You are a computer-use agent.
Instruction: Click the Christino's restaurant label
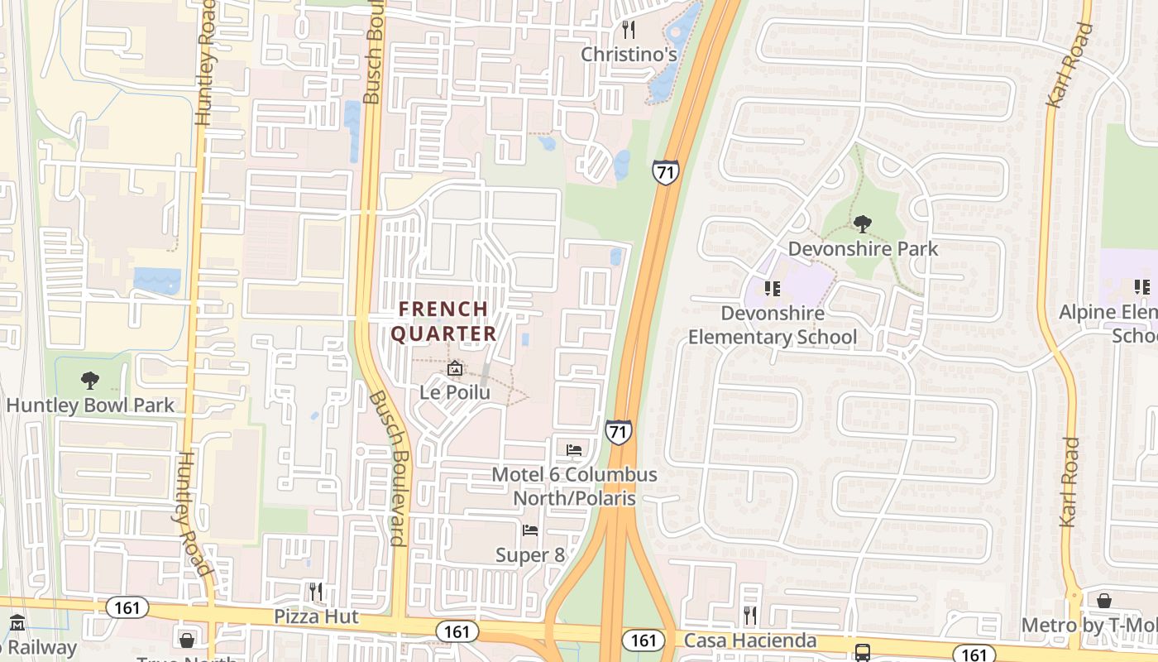click(x=629, y=55)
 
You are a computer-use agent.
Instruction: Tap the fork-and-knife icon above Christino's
click(x=629, y=31)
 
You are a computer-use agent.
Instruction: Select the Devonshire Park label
click(x=863, y=248)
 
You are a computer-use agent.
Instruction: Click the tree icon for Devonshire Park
click(x=863, y=223)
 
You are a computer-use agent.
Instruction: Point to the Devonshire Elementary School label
click(x=773, y=325)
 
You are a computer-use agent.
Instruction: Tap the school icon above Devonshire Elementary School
click(x=773, y=289)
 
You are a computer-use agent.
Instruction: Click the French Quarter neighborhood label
click(x=443, y=321)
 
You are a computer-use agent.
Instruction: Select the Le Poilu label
click(x=455, y=392)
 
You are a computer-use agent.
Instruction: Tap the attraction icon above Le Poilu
click(x=454, y=368)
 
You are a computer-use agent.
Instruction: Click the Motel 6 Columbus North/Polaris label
click(x=574, y=487)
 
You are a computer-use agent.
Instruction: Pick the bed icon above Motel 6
click(x=574, y=450)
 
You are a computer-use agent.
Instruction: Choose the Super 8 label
click(x=530, y=554)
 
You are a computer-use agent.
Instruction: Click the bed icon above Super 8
click(x=530, y=530)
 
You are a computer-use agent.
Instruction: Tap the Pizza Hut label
click(x=316, y=616)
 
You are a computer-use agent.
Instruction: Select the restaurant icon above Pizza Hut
click(x=316, y=592)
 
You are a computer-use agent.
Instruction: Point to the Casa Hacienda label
click(x=750, y=640)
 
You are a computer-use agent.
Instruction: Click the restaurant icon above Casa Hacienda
click(x=750, y=616)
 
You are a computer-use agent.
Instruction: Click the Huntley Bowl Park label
click(x=90, y=405)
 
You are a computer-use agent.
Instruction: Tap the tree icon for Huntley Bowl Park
click(x=90, y=381)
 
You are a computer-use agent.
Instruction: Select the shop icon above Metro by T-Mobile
click(x=1103, y=601)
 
